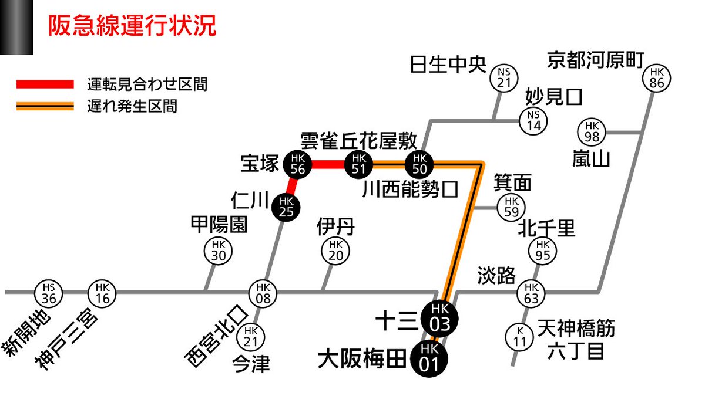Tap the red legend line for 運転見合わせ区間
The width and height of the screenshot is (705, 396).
45,84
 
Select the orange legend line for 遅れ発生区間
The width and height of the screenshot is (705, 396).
45,106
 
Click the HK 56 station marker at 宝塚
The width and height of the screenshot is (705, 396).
297,164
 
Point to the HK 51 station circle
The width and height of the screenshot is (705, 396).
360,164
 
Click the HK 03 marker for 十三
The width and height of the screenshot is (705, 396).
439,319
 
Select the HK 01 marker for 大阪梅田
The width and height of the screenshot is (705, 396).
429,357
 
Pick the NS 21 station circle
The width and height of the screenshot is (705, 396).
504,77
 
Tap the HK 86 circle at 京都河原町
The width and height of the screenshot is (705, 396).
657,78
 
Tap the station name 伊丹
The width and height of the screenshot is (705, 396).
335,226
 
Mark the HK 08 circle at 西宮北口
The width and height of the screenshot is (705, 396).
262,292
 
